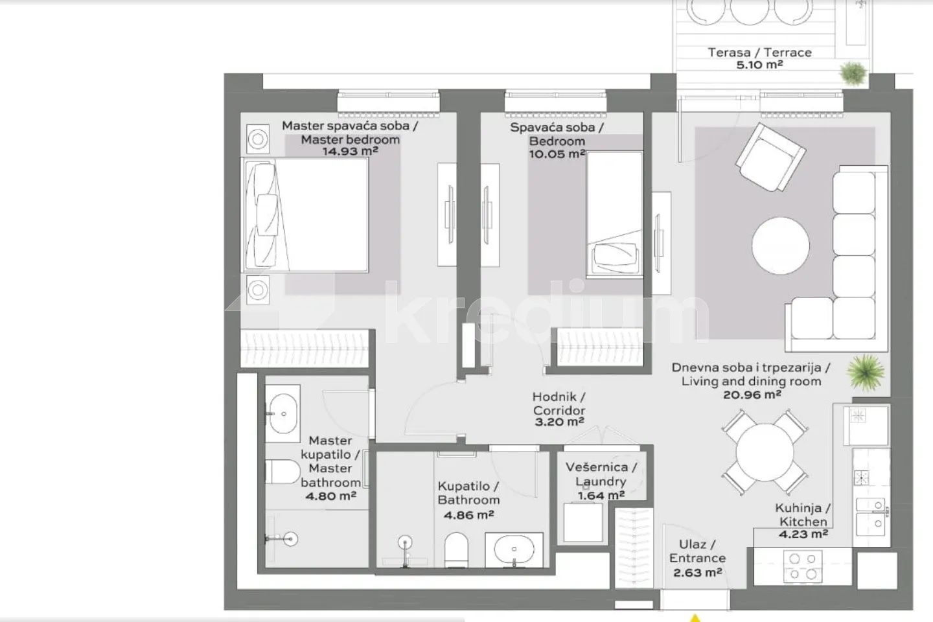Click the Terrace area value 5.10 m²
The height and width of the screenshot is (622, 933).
759,65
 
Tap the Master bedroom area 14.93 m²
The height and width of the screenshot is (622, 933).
351,151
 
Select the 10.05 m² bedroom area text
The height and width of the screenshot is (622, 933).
557,154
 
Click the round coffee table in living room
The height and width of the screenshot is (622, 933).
781,246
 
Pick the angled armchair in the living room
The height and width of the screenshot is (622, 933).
770,157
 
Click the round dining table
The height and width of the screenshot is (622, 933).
765,452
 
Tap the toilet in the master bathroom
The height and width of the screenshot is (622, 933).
282,471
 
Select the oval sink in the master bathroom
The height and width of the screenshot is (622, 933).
282,413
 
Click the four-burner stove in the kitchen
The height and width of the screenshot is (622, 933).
803,566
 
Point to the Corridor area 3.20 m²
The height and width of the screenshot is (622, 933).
559,422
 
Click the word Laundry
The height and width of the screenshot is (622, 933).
601,481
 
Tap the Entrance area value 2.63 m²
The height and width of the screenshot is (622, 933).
697,573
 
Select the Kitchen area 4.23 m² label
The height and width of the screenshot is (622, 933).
803,534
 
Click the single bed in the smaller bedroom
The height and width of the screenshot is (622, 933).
614,214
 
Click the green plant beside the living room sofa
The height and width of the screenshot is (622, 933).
866,372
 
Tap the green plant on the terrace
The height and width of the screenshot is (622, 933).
853,73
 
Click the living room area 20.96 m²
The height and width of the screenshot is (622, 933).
752,395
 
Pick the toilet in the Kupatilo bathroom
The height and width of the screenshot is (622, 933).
456,549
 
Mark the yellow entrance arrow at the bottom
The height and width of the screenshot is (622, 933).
695,618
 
